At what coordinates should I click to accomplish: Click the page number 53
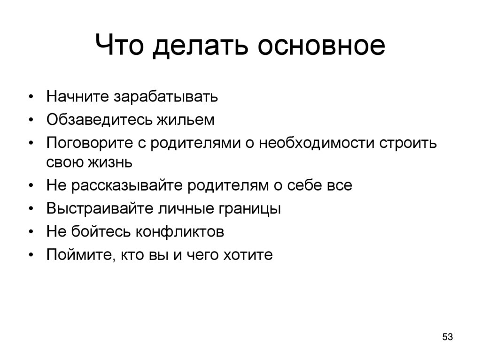pos(447,337)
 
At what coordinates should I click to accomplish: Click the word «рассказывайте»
pos(128,185)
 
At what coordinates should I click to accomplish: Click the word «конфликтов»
pos(180,231)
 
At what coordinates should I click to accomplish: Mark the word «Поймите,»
pos(80,255)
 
